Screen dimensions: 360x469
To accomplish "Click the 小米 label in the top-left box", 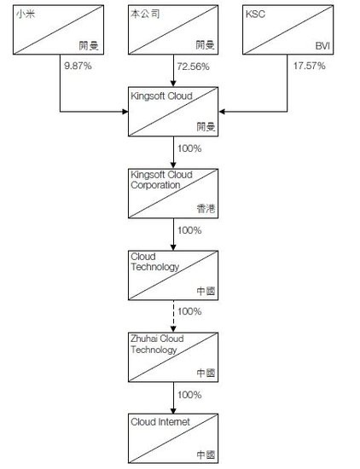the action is click(26, 14).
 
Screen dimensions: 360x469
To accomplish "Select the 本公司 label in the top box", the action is click(145, 14).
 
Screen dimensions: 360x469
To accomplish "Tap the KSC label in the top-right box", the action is click(255, 14).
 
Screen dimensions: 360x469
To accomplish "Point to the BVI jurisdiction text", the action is click(322, 46).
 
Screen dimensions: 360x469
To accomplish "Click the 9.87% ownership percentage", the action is click(78, 66).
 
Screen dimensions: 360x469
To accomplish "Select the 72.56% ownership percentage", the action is click(193, 67).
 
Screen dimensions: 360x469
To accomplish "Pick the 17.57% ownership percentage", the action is click(309, 66).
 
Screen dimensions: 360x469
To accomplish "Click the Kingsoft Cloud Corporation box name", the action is click(161, 180).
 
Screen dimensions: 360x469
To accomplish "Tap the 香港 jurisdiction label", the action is click(206, 208).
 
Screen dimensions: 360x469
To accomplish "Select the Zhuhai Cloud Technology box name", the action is click(157, 344).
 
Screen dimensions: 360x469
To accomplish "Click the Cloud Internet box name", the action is click(160, 422).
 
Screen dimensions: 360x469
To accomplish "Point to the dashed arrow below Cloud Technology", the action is click(173, 316).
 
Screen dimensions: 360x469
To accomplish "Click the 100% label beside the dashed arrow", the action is click(189, 311).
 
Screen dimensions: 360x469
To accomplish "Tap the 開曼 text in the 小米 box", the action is click(89, 46).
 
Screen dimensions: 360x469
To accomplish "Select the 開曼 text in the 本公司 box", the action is click(206, 45).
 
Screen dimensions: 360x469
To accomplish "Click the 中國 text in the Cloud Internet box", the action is click(206, 455).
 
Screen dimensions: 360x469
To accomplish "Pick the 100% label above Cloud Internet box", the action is click(189, 395).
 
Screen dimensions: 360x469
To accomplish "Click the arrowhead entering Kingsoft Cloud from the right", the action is click(222, 112).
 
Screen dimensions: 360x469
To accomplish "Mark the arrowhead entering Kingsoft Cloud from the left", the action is click(125, 112).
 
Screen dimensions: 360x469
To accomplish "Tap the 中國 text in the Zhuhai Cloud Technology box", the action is click(206, 373).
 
